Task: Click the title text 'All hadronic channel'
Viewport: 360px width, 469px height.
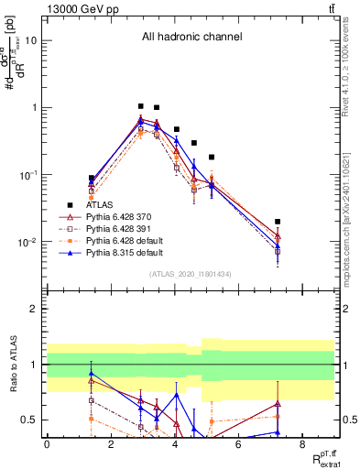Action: pos(191,38)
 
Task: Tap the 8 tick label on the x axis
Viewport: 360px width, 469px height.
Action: pos(302,443)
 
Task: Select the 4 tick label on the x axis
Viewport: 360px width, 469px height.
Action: pos(174,443)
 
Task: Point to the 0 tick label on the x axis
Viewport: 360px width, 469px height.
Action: pos(47,443)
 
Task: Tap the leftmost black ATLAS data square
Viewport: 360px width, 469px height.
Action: pos(92,178)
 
